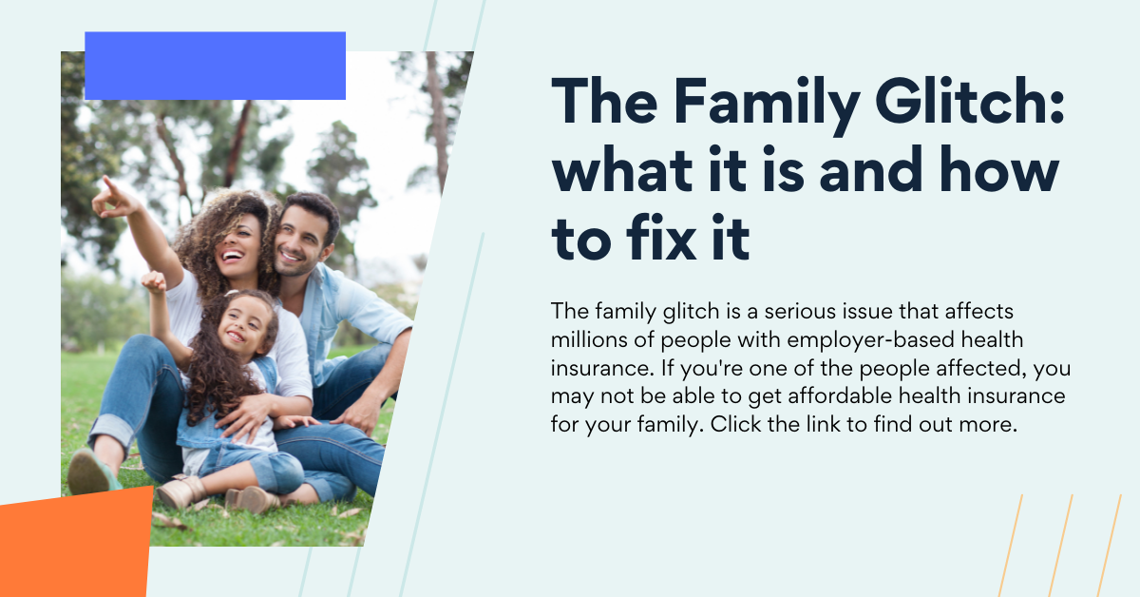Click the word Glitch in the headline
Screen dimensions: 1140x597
click(x=969, y=102)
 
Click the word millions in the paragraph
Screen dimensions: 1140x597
click(x=589, y=339)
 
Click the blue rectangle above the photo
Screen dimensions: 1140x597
click(x=216, y=66)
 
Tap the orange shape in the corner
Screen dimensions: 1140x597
click(x=75, y=542)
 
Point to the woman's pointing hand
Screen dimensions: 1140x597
click(x=115, y=199)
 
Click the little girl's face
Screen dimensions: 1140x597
click(x=245, y=326)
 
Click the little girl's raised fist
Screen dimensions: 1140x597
click(x=154, y=280)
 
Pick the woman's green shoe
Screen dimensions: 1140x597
click(x=91, y=472)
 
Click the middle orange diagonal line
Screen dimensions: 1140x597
click(x=1060, y=546)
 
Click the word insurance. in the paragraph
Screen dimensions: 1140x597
click(x=602, y=368)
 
